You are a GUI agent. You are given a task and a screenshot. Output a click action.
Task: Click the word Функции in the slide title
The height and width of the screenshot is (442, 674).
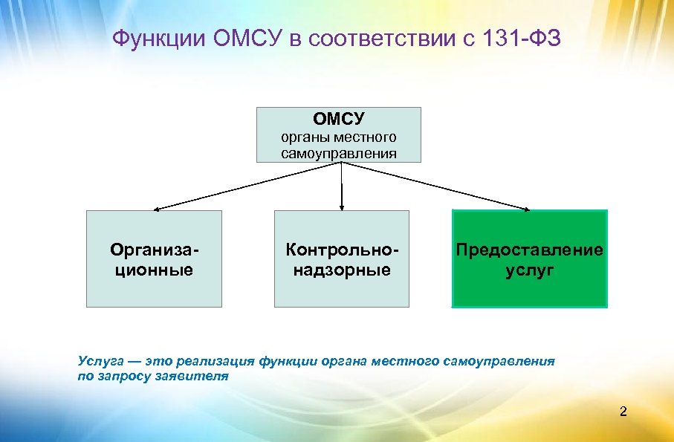[x=158, y=39]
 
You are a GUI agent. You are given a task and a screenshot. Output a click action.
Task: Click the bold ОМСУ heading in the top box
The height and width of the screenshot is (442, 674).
[x=339, y=119]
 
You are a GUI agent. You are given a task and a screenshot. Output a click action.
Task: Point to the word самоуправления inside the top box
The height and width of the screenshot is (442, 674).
[x=339, y=153]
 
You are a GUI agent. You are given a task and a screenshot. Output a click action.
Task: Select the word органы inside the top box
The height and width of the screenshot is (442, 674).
[x=305, y=137]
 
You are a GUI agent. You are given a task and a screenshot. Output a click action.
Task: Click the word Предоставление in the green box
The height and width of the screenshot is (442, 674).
[x=530, y=250]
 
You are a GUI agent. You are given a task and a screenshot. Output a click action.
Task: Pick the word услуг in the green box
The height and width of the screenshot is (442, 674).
[x=530, y=270]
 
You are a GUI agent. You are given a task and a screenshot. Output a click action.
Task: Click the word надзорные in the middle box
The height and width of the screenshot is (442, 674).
[x=341, y=270]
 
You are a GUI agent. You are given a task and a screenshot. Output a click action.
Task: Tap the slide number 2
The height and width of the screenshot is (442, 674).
[x=623, y=411]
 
